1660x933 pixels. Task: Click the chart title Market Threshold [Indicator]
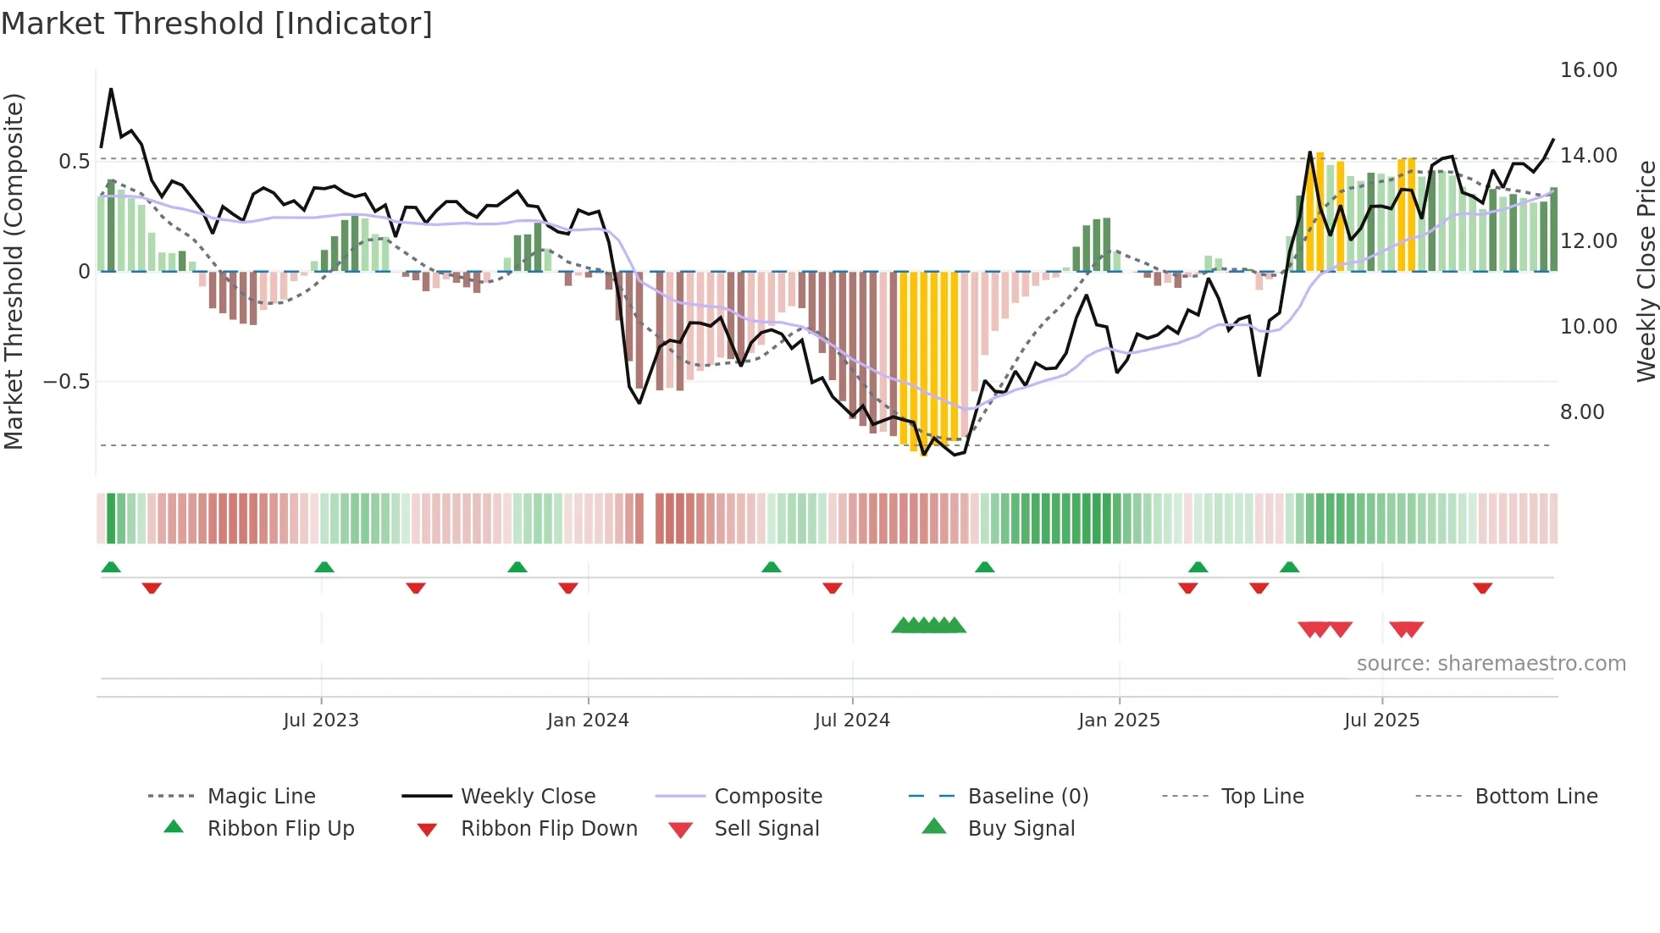point(217,24)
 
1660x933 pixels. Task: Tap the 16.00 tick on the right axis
point(1588,70)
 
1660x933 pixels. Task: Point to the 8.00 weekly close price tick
point(1582,412)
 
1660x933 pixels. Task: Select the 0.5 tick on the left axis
point(74,161)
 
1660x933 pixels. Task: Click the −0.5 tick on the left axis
point(66,382)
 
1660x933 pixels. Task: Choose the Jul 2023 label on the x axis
point(321,720)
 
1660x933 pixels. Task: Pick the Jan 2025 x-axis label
point(1119,720)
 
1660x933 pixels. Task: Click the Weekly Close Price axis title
point(1646,271)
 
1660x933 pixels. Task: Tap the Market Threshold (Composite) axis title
point(14,271)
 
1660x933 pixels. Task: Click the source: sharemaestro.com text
point(1491,664)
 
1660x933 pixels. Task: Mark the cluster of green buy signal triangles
point(929,626)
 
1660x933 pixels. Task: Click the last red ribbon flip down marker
point(1482,588)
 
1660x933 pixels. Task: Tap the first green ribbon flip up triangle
point(111,567)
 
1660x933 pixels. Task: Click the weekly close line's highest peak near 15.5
point(111,89)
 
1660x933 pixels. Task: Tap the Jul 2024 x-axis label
point(852,720)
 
